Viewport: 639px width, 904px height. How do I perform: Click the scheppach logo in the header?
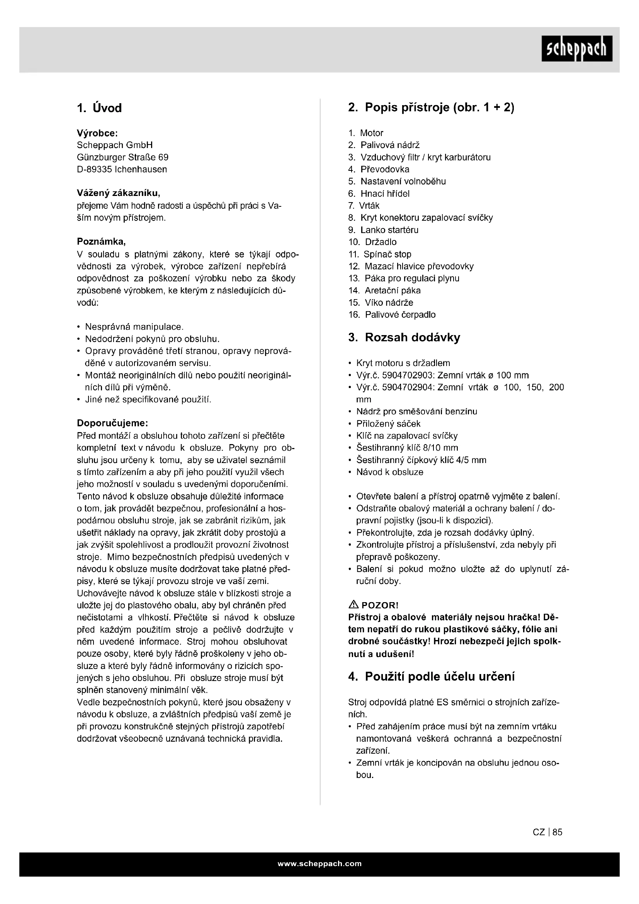(x=576, y=48)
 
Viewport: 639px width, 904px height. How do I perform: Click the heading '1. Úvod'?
(x=99, y=108)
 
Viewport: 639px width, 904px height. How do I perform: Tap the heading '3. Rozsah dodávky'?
(x=404, y=337)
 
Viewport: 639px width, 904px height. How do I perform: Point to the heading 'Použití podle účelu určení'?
(x=431, y=676)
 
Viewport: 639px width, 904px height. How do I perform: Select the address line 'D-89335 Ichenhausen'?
(x=122, y=169)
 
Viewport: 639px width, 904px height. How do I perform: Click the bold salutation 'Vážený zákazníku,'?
(x=119, y=193)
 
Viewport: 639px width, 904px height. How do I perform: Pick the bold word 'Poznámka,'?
(x=101, y=242)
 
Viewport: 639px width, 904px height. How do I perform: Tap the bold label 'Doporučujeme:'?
(x=112, y=423)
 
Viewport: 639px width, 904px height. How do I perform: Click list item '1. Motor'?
(x=365, y=133)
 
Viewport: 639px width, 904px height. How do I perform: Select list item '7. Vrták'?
(x=364, y=206)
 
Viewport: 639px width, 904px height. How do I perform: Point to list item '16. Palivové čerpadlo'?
(x=392, y=315)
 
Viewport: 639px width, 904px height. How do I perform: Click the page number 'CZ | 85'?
(x=547, y=832)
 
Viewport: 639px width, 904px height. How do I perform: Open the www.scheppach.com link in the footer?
(x=319, y=864)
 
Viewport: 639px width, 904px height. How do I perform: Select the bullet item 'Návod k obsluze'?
(x=389, y=472)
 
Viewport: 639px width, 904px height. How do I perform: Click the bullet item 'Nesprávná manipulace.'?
(x=134, y=327)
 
